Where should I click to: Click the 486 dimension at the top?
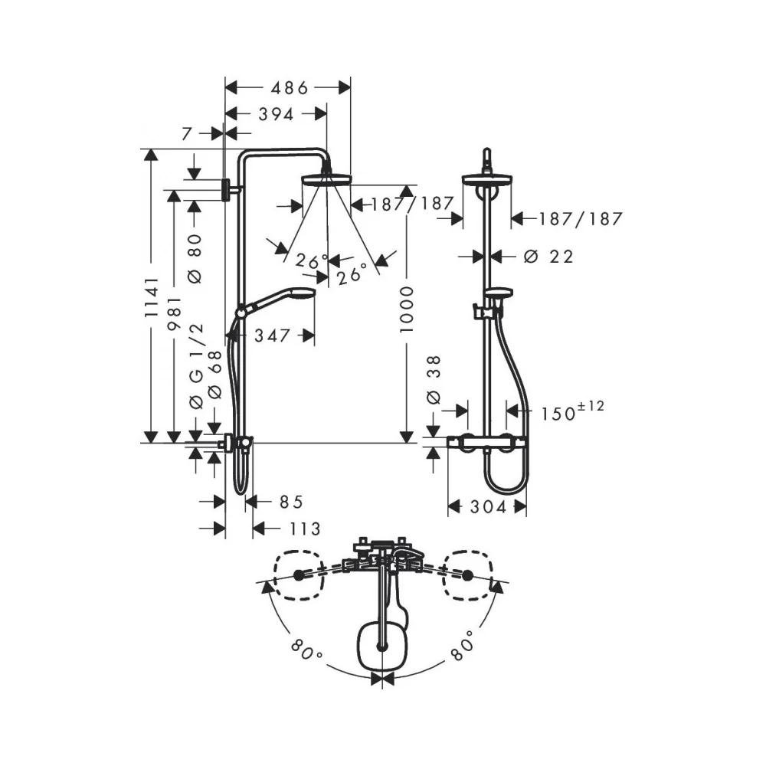[x=290, y=88]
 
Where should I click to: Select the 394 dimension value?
[x=276, y=115]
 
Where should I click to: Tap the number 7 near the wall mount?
[x=187, y=133]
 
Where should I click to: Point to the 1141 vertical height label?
[x=152, y=297]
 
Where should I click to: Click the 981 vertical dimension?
[x=175, y=313]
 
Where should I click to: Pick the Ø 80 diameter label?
[x=195, y=258]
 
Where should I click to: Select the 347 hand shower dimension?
[x=272, y=336]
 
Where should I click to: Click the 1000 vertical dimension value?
[x=407, y=309]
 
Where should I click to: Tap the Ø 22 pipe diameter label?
[x=548, y=257]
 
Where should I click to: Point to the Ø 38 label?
[x=434, y=380]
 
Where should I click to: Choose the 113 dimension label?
[x=304, y=529]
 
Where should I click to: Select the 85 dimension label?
[x=291, y=502]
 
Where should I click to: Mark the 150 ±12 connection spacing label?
[x=572, y=411]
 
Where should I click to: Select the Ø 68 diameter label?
[x=214, y=375]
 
